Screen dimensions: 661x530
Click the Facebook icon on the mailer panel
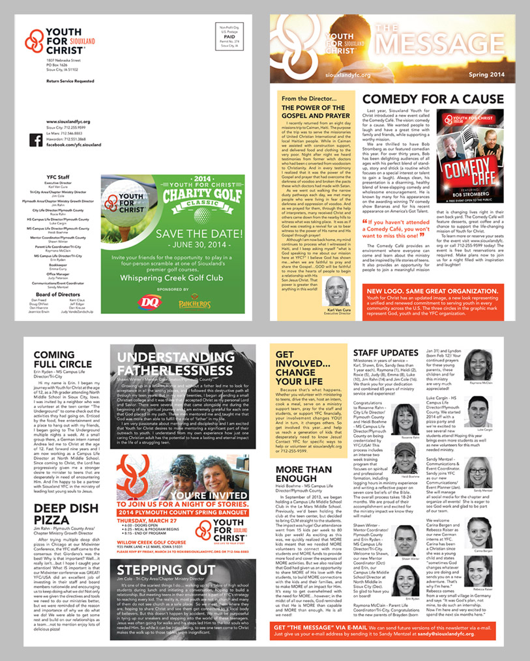pyautogui.click(x=37, y=138)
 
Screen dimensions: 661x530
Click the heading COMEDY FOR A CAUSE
pyautogui.click(x=433, y=99)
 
